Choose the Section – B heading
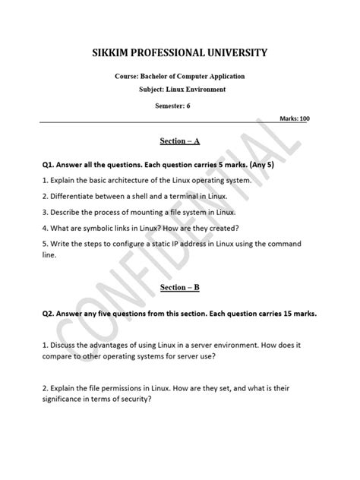click(179, 288)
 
